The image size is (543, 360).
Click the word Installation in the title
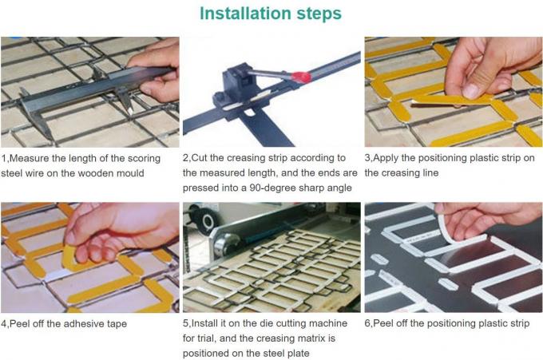[x=245, y=14]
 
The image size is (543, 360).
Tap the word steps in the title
[x=319, y=14]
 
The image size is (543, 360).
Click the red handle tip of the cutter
[x=301, y=77]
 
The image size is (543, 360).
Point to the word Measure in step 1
[x=29, y=159]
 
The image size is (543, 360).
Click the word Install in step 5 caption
[x=204, y=323]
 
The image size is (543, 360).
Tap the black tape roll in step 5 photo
[x=206, y=220]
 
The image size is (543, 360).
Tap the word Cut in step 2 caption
[x=199, y=158]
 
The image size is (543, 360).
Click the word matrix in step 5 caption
[x=310, y=338]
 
